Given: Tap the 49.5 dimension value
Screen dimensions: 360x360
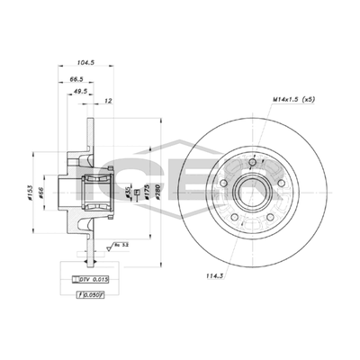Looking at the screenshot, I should (x=80, y=91).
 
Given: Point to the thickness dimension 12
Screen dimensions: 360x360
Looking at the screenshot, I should (x=109, y=101).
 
